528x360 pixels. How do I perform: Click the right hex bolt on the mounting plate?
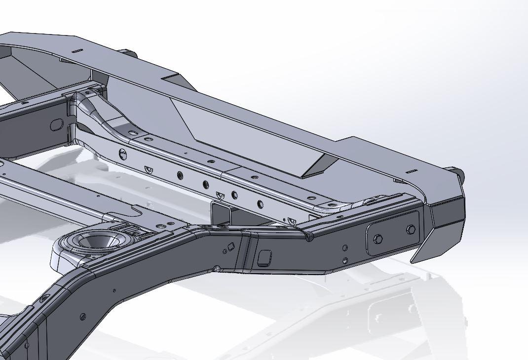[411, 230]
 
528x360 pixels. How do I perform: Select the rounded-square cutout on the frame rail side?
[264, 257]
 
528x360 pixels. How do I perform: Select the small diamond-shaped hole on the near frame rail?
[230, 246]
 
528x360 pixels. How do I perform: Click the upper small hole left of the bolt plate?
[345, 248]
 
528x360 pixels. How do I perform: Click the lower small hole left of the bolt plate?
[345, 260]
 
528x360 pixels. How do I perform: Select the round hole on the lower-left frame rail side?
[82, 317]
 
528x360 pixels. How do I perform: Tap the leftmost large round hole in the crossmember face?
[122, 155]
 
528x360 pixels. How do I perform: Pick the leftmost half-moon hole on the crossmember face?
[148, 169]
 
